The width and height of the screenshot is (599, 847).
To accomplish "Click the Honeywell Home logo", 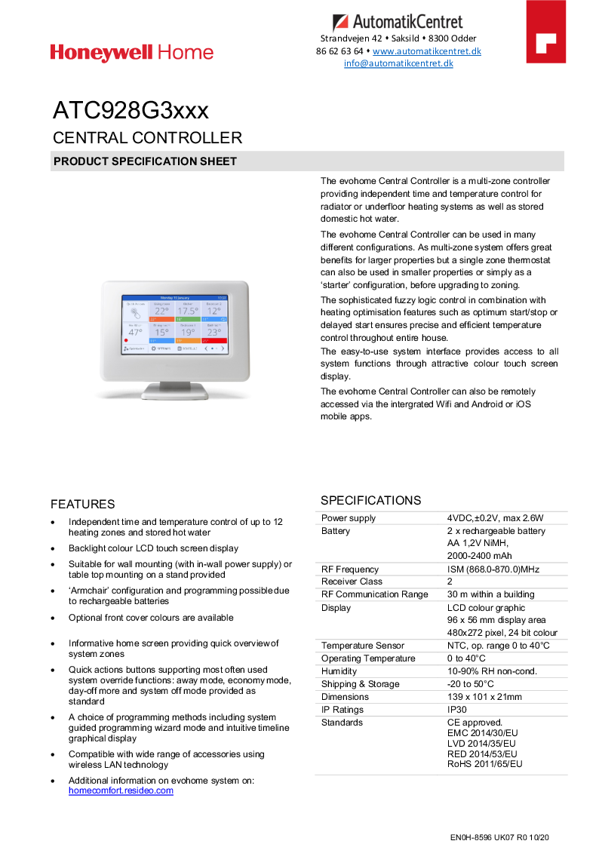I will point(132,53).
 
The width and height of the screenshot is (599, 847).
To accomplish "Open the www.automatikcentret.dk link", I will point(427,51).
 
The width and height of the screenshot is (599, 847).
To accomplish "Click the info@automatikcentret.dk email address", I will point(398,63).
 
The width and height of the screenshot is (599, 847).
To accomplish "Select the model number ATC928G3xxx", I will point(131,111).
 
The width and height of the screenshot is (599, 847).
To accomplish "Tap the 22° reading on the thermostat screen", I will point(162,311).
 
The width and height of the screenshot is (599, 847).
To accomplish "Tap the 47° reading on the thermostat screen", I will point(135,332).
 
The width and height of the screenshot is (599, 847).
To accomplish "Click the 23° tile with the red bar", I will point(214,332).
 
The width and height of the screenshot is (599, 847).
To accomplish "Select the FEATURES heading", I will point(83,504).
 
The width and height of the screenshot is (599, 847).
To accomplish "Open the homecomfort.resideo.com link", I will point(121,790).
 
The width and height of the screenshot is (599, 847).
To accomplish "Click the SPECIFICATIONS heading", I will point(371,500).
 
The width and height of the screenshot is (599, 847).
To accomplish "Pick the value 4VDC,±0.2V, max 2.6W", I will point(495,518).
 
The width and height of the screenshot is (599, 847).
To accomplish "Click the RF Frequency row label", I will point(350,569).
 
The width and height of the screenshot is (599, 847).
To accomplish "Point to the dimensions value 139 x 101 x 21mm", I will point(484,697).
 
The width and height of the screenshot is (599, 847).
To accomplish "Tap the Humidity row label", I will point(339,671).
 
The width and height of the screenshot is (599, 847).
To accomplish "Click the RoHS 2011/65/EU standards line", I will point(484,764).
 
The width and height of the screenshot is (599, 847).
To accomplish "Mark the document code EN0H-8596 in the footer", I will point(472,837).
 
